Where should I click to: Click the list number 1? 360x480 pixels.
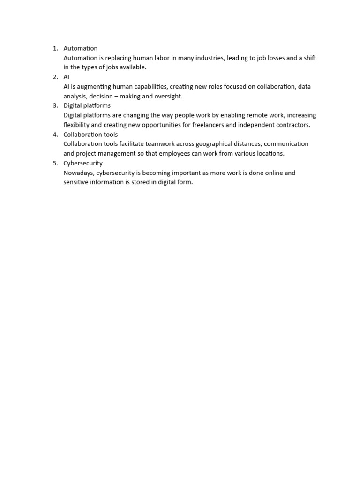[54, 48]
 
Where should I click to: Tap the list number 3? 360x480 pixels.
[54, 105]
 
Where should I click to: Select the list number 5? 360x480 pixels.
[54, 163]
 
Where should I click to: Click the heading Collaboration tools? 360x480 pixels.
[90, 135]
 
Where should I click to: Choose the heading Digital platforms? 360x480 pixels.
[87, 105]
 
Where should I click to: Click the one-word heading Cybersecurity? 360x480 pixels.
[83, 163]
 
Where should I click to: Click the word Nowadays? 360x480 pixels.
[79, 173]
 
